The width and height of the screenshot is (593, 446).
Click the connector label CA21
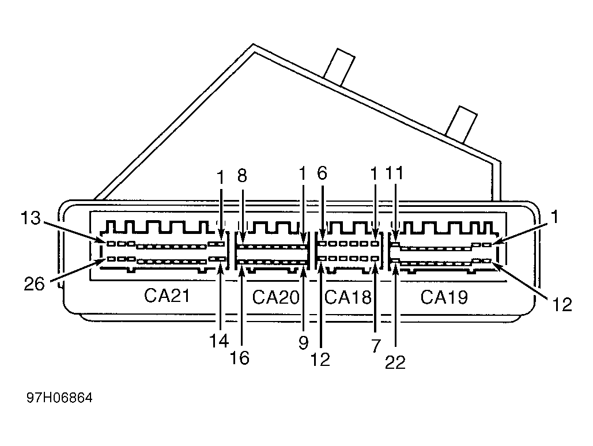pyautogui.click(x=167, y=296)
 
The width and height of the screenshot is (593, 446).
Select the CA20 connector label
pyautogui.click(x=275, y=297)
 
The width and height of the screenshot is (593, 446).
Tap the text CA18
pyautogui.click(x=348, y=297)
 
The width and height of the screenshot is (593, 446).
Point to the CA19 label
pyautogui.click(x=444, y=297)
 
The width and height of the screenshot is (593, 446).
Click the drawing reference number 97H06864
pyautogui.click(x=59, y=398)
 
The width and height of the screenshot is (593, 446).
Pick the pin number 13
pyautogui.click(x=30, y=218)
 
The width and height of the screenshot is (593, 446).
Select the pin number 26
pyautogui.click(x=34, y=284)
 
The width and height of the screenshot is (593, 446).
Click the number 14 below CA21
pyautogui.click(x=219, y=341)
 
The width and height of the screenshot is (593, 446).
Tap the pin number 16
pyautogui.click(x=239, y=358)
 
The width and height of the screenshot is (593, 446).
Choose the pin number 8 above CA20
pyautogui.click(x=242, y=176)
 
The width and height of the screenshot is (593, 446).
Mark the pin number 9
pyautogui.click(x=303, y=343)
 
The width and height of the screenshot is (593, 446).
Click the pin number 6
pyautogui.click(x=322, y=173)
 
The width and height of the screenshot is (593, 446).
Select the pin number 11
pyautogui.click(x=394, y=173)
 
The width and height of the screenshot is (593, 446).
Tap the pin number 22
pyautogui.click(x=395, y=362)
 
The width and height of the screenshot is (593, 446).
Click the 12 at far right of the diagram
pyautogui.click(x=562, y=304)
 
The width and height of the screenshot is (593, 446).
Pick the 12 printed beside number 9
pyautogui.click(x=320, y=360)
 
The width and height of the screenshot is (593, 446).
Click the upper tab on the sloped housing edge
pyautogui.click(x=339, y=67)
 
